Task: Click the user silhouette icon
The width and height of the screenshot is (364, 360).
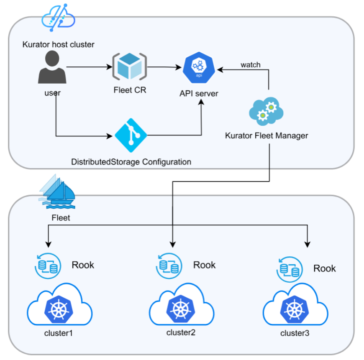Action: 52,68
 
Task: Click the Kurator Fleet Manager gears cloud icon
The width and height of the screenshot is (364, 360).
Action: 266,110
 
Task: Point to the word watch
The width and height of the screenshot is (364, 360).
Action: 250,65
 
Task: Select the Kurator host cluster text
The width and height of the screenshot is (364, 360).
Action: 58,44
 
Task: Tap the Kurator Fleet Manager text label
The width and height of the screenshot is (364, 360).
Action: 267,135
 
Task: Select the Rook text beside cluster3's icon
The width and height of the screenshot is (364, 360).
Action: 325,268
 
